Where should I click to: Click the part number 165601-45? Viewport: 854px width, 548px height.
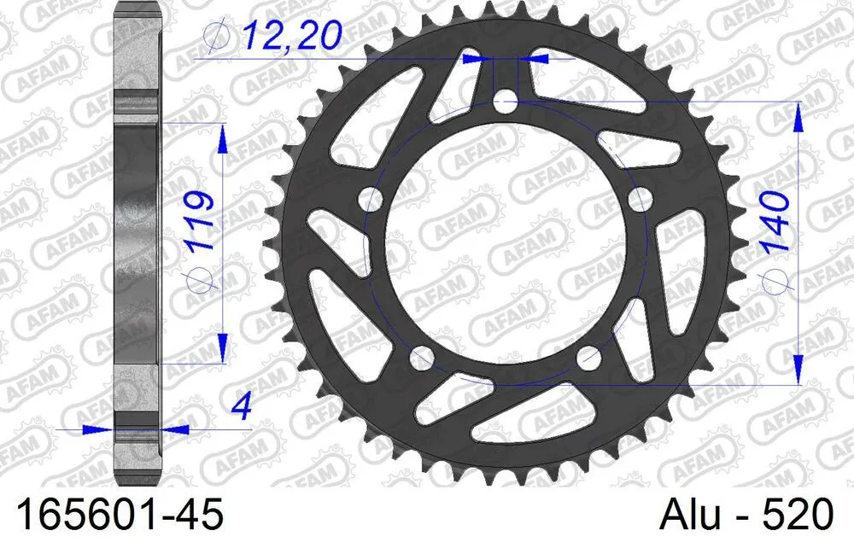pyautogui.click(x=114, y=516)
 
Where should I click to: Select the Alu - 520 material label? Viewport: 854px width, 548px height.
pyautogui.click(x=746, y=516)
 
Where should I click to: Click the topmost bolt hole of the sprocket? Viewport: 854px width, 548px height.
pyautogui.click(x=504, y=102)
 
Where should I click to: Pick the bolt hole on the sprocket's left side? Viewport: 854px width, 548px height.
pyautogui.click(x=370, y=201)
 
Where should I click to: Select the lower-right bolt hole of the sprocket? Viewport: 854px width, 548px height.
pyautogui.click(x=588, y=359)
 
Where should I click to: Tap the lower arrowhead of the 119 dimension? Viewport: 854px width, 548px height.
pyautogui.click(x=223, y=350)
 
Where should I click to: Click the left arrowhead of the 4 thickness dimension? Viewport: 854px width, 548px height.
pyautogui.click(x=91, y=429)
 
